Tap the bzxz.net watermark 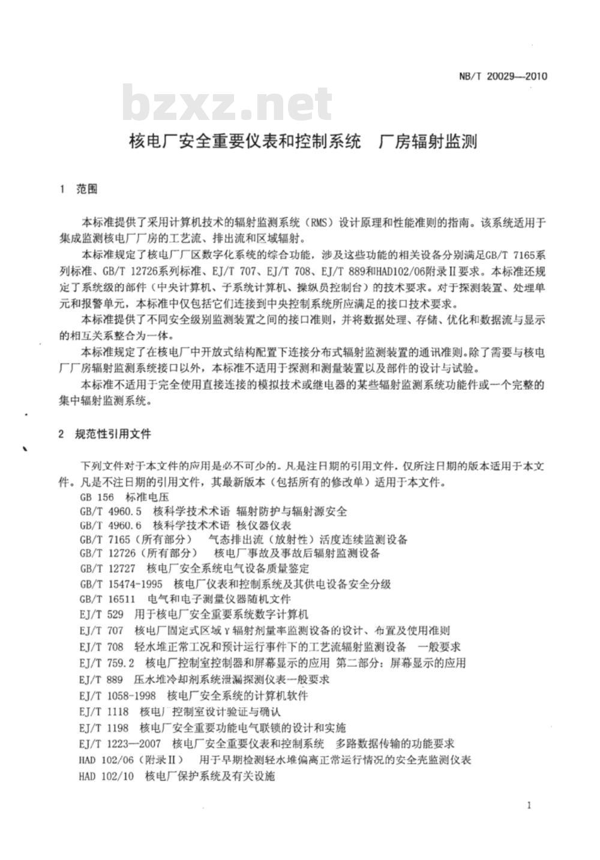[227, 105]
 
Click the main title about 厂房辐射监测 [304, 142]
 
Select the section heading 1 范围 [79, 190]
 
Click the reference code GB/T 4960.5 [110, 512]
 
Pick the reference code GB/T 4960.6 [110, 525]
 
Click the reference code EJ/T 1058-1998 [117, 696]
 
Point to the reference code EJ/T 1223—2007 [119, 744]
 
